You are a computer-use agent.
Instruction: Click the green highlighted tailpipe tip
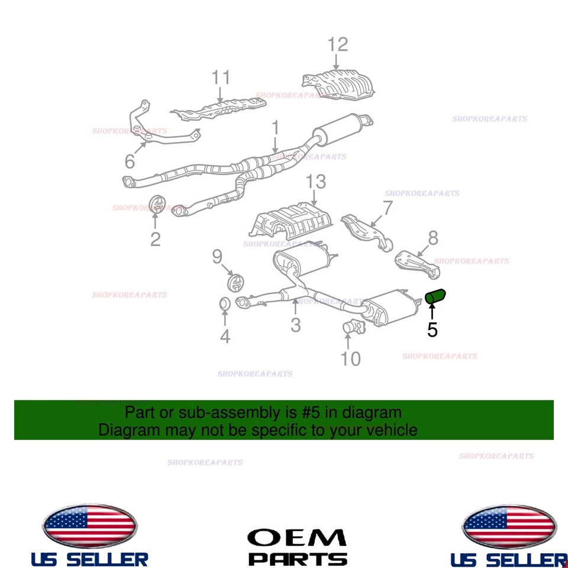(437, 295)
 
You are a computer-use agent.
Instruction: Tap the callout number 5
(433, 330)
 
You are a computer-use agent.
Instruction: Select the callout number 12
(338, 44)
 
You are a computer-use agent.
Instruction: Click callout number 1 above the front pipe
(275, 127)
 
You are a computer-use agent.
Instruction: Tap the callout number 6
(130, 161)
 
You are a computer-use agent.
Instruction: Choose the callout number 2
(155, 239)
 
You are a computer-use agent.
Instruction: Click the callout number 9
(217, 257)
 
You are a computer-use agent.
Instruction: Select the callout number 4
(225, 337)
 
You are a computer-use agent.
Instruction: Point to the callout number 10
(351, 359)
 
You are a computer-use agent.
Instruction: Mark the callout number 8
(433, 238)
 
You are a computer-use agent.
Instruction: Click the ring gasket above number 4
(225, 304)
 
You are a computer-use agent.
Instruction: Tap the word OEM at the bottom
(296, 537)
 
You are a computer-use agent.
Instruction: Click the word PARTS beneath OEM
(297, 559)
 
